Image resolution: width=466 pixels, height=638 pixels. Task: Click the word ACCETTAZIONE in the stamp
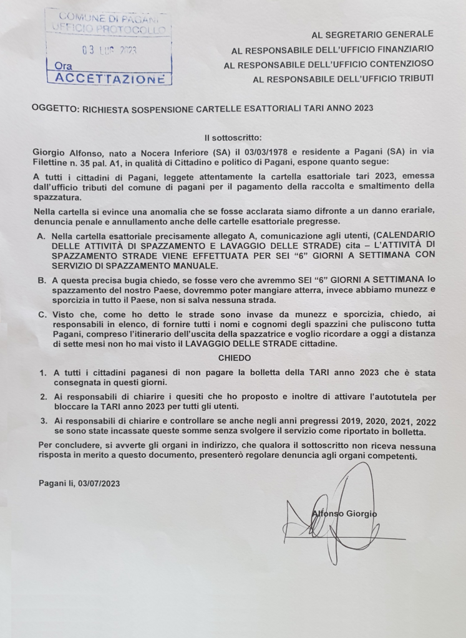[109, 79]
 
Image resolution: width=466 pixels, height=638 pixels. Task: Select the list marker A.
[41, 237]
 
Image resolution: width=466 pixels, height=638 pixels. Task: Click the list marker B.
[41, 281]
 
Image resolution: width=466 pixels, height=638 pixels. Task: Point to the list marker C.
[41, 315]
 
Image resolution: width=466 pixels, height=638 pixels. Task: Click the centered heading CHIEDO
[234, 358]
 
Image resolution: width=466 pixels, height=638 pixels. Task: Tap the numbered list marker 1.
[43, 372]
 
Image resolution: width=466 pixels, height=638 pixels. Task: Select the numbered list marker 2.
[43, 396]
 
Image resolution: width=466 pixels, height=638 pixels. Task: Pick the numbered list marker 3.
[43, 421]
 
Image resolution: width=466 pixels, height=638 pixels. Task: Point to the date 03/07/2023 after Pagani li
[99, 483]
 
